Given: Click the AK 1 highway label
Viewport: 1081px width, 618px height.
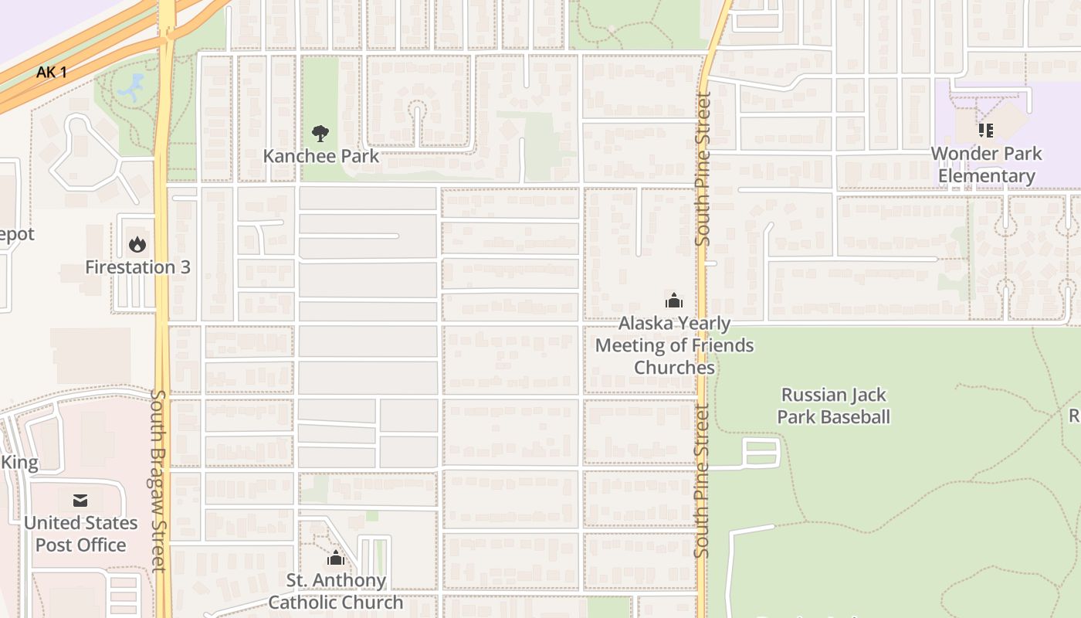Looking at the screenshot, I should tap(52, 73).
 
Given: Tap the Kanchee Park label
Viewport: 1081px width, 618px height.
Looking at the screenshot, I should tap(320, 156).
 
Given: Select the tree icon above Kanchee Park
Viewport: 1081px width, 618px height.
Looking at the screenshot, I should tap(320, 134).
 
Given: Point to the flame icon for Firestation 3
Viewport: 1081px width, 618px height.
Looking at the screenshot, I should tap(137, 245).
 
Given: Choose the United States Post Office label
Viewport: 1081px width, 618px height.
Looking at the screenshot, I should tap(80, 534).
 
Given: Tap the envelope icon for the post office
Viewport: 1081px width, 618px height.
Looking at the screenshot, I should tap(80, 501).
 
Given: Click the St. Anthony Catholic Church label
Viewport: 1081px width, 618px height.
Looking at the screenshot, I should tap(336, 591).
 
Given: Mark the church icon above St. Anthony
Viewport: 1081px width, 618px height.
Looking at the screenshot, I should tap(336, 558).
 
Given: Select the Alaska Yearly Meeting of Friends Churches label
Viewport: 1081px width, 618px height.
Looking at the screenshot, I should tap(674, 345).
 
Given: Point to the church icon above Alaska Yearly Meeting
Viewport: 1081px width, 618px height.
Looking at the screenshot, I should tap(674, 301).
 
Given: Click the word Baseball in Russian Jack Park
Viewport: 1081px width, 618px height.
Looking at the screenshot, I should tap(856, 417).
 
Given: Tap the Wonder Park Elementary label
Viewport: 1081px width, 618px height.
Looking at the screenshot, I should tap(986, 165).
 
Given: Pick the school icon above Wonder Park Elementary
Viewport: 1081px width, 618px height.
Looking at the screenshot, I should tap(985, 131).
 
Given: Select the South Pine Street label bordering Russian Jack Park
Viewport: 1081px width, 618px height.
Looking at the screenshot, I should tap(701, 479).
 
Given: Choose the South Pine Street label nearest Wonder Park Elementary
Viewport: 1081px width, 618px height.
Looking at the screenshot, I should tap(703, 168).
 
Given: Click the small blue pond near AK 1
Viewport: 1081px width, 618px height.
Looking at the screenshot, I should tap(132, 87).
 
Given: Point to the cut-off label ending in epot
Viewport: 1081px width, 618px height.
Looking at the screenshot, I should tap(17, 234).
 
